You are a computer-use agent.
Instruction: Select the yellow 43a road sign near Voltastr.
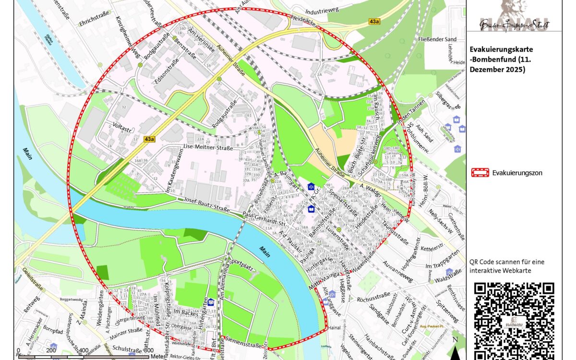150,139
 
